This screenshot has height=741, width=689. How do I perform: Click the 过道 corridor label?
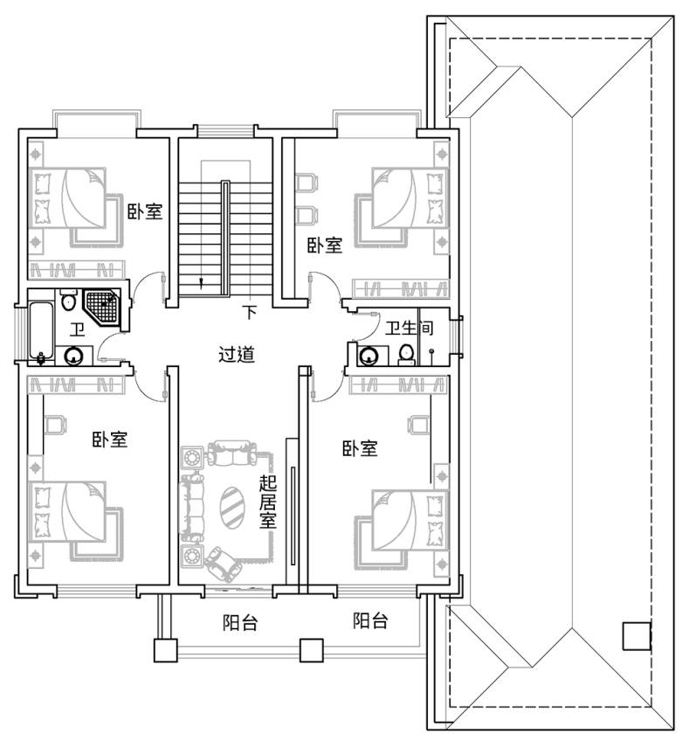click(237, 354)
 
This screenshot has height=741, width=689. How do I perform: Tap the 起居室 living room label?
click(268, 502)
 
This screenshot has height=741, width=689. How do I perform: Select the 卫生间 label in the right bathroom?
click(409, 328)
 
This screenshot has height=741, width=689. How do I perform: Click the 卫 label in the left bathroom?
click(78, 329)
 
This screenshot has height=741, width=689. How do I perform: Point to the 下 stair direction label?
click(250, 312)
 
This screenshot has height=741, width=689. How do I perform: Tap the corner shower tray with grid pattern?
click(101, 308)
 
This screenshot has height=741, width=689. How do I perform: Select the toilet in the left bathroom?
click(69, 300)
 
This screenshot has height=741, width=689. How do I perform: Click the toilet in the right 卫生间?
click(406, 355)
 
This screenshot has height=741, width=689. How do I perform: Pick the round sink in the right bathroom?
click(368, 357)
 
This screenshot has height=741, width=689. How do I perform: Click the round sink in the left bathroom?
click(73, 356)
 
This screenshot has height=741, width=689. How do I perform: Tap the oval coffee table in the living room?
click(232, 507)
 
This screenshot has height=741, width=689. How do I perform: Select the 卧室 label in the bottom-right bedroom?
click(361, 448)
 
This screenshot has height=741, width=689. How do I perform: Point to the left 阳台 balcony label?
click(240, 622)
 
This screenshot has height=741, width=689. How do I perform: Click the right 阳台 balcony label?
click(371, 620)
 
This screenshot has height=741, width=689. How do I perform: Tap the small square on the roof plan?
click(637, 636)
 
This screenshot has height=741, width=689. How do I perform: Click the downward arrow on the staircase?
click(202, 284)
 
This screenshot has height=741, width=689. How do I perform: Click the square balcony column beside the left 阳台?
click(166, 650)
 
